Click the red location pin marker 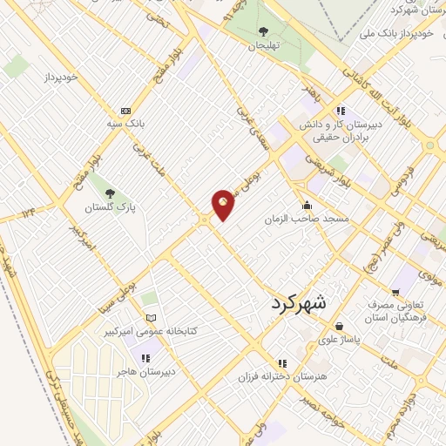click(224, 204)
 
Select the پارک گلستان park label click(111, 209)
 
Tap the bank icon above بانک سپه click(126, 111)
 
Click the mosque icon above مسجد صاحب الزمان click(306, 206)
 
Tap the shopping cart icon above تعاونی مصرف click(396, 294)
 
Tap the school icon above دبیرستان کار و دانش click(341, 111)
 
